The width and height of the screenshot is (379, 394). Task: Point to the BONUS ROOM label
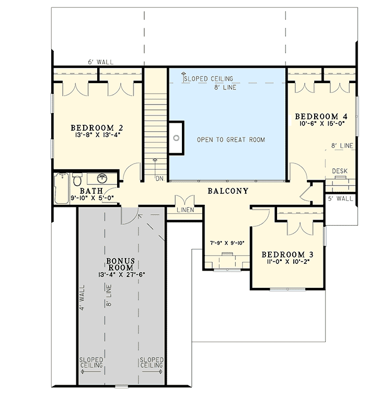[x=122, y=263]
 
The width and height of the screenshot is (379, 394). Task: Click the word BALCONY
[x=227, y=191]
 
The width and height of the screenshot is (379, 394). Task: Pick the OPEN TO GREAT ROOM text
[x=231, y=140]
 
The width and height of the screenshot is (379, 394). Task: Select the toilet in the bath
[x=77, y=180]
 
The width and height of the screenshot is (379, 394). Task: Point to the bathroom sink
[x=102, y=178]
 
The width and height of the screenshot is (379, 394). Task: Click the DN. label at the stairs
[x=159, y=179]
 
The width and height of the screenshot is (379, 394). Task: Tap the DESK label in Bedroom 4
[x=340, y=171]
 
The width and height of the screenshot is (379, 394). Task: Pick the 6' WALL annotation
[x=101, y=62]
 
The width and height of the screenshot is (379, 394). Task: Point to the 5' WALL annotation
[x=340, y=198]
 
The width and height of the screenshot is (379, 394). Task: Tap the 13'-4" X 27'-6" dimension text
[x=122, y=273]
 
